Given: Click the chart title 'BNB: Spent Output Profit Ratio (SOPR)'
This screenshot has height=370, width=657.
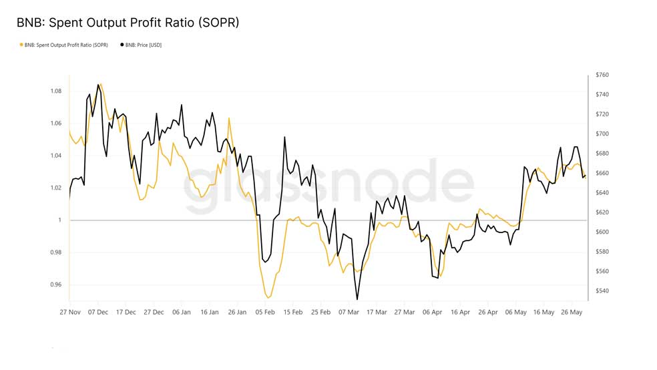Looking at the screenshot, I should click(128, 23).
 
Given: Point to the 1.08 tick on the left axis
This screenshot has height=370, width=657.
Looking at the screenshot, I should click(55, 91).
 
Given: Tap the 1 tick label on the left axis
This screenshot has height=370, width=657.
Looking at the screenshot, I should click(59, 220).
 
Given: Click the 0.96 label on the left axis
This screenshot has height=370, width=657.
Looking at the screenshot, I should click(55, 285).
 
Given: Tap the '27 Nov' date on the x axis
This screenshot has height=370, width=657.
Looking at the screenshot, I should click(70, 312).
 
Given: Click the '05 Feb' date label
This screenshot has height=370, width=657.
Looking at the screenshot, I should click(265, 312).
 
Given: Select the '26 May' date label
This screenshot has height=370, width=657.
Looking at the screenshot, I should click(572, 312).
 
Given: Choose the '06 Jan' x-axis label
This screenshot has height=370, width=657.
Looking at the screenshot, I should click(182, 312).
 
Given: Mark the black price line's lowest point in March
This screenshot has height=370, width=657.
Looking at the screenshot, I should click(357, 299).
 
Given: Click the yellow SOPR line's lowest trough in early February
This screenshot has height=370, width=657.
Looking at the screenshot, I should click(268, 297).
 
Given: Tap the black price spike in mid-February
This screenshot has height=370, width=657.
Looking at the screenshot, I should click(285, 137).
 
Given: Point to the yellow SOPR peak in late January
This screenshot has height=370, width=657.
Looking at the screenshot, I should click(229, 118).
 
